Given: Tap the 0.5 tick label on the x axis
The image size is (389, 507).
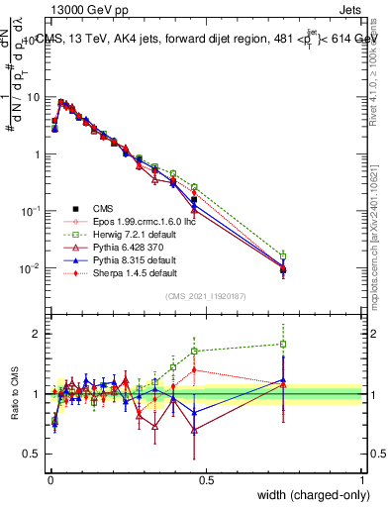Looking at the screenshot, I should coord(206,478).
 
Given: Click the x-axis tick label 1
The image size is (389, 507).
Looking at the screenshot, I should coord(362,478).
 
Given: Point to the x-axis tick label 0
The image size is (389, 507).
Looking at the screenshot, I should coord(50,478).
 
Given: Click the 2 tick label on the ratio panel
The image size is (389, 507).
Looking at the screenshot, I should coord(39,334).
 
